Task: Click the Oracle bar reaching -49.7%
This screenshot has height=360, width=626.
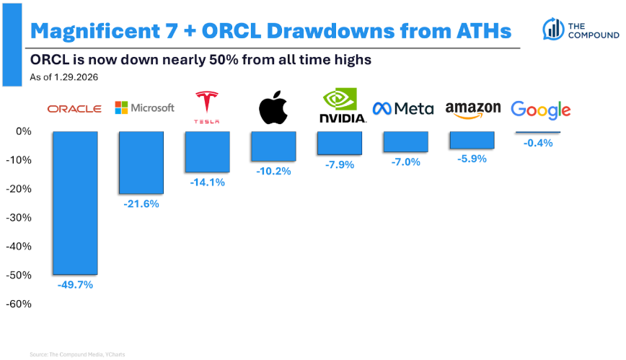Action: click(74, 203)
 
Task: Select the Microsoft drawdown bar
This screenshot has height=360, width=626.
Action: click(141, 163)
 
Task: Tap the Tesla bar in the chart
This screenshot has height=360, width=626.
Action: click(207, 152)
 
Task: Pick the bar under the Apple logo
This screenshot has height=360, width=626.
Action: click(273, 146)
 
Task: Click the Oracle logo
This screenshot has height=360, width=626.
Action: click(74, 109)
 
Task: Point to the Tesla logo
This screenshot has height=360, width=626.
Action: click(207, 107)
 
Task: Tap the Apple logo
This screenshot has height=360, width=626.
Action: click(273, 108)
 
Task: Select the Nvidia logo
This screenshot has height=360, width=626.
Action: click(340, 107)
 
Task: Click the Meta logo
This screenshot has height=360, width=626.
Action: click(402, 109)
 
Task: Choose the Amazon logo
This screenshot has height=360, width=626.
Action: click(473, 110)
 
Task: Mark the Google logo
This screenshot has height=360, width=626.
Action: click(540, 110)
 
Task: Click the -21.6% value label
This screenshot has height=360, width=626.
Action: click(141, 204)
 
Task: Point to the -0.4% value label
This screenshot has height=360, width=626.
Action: click(538, 143)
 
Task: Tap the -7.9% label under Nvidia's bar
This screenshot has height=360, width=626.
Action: click(340, 165)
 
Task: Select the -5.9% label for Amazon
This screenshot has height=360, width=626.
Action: click(472, 159)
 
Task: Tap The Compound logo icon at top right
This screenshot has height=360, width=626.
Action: click(554, 29)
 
